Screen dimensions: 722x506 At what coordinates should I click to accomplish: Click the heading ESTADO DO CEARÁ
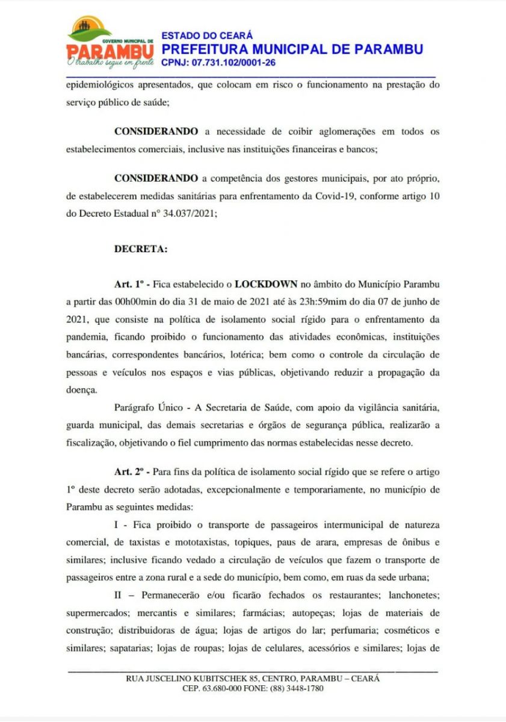tap(207, 36)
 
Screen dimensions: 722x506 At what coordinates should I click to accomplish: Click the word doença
tap(81, 389)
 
